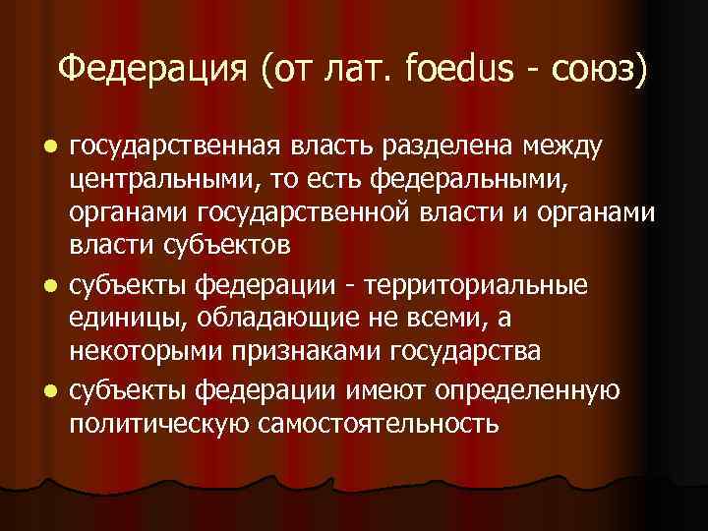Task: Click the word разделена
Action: pos(451,147)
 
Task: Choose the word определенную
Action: pos(531,390)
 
